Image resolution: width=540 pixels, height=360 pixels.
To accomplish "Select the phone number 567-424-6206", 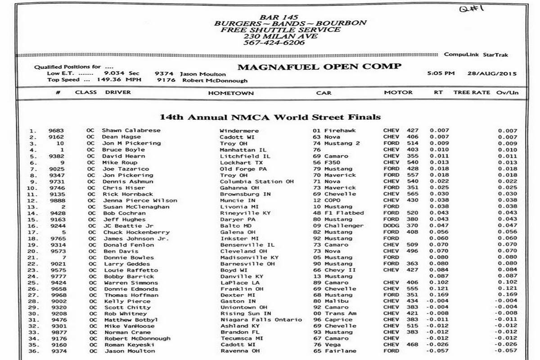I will click(274, 43).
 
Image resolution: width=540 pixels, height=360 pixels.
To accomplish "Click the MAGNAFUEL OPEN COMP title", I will click(319, 67).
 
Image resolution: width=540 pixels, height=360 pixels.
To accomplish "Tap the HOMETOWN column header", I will click(231, 93).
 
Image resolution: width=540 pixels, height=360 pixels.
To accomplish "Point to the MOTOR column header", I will click(398, 92).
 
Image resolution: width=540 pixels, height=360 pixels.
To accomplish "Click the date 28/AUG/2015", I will click(491, 73).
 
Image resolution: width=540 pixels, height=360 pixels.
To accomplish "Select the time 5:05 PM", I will click(441, 73).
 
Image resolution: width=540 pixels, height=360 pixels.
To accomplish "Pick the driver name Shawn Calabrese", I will click(131, 130).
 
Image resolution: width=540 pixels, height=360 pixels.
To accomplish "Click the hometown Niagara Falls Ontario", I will click(261, 319).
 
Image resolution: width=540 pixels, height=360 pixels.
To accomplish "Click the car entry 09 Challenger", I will click(338, 226).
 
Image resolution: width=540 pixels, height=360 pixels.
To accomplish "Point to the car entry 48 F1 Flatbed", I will click(338, 213).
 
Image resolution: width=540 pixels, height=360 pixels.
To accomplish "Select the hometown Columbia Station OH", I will click(256, 181).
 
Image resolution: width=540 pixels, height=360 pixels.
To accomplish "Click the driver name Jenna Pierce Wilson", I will click(140, 200).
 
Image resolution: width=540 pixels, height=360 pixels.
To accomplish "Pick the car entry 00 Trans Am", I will click(335, 313).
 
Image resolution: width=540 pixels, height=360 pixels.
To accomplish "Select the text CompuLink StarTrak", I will click(476, 54).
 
